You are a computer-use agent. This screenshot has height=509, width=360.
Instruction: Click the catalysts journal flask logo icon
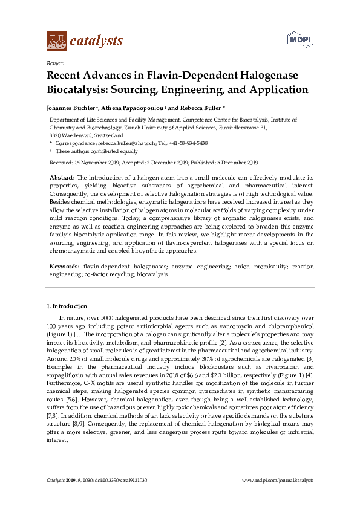(56, 41)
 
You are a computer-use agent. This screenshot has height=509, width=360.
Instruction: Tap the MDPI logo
(298, 40)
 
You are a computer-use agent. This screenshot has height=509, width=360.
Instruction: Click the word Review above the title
(55, 63)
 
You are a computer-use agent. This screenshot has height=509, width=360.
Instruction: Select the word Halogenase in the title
(255, 76)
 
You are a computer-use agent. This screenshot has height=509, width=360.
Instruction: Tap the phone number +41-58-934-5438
(185, 143)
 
